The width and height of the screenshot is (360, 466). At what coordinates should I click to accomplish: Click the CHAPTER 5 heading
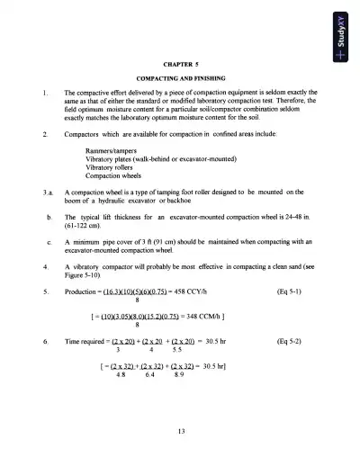click(x=180, y=65)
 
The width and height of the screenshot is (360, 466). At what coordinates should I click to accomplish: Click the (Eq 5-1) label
click(x=299, y=293)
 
